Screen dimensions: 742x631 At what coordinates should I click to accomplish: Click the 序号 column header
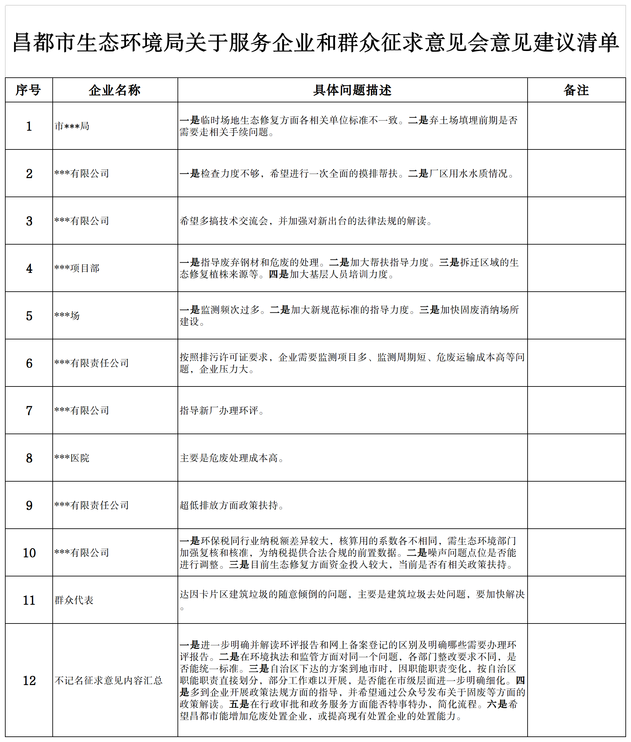pos(29,90)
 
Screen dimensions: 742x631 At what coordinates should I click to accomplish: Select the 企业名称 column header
pos(115,90)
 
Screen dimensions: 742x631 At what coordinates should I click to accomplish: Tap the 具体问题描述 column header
pos(352,90)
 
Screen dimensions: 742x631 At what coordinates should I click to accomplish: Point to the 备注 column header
pos(576,90)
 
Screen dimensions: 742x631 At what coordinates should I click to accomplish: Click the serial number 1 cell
pos(29,126)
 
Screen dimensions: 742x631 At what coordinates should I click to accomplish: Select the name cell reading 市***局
pos(72,126)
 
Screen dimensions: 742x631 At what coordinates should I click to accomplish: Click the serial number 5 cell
pos(29,316)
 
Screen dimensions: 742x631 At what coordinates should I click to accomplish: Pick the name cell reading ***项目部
pos(77,268)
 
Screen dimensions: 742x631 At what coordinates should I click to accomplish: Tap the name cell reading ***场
pos(67,316)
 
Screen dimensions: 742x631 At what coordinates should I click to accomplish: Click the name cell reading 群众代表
pos(74,600)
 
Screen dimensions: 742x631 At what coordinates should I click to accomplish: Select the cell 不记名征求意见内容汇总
pos(108,680)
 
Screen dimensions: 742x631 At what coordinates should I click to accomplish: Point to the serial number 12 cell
pos(29,680)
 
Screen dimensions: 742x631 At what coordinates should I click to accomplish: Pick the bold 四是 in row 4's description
pos(278,274)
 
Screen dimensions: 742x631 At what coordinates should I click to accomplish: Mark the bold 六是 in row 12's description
pos(497,704)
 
